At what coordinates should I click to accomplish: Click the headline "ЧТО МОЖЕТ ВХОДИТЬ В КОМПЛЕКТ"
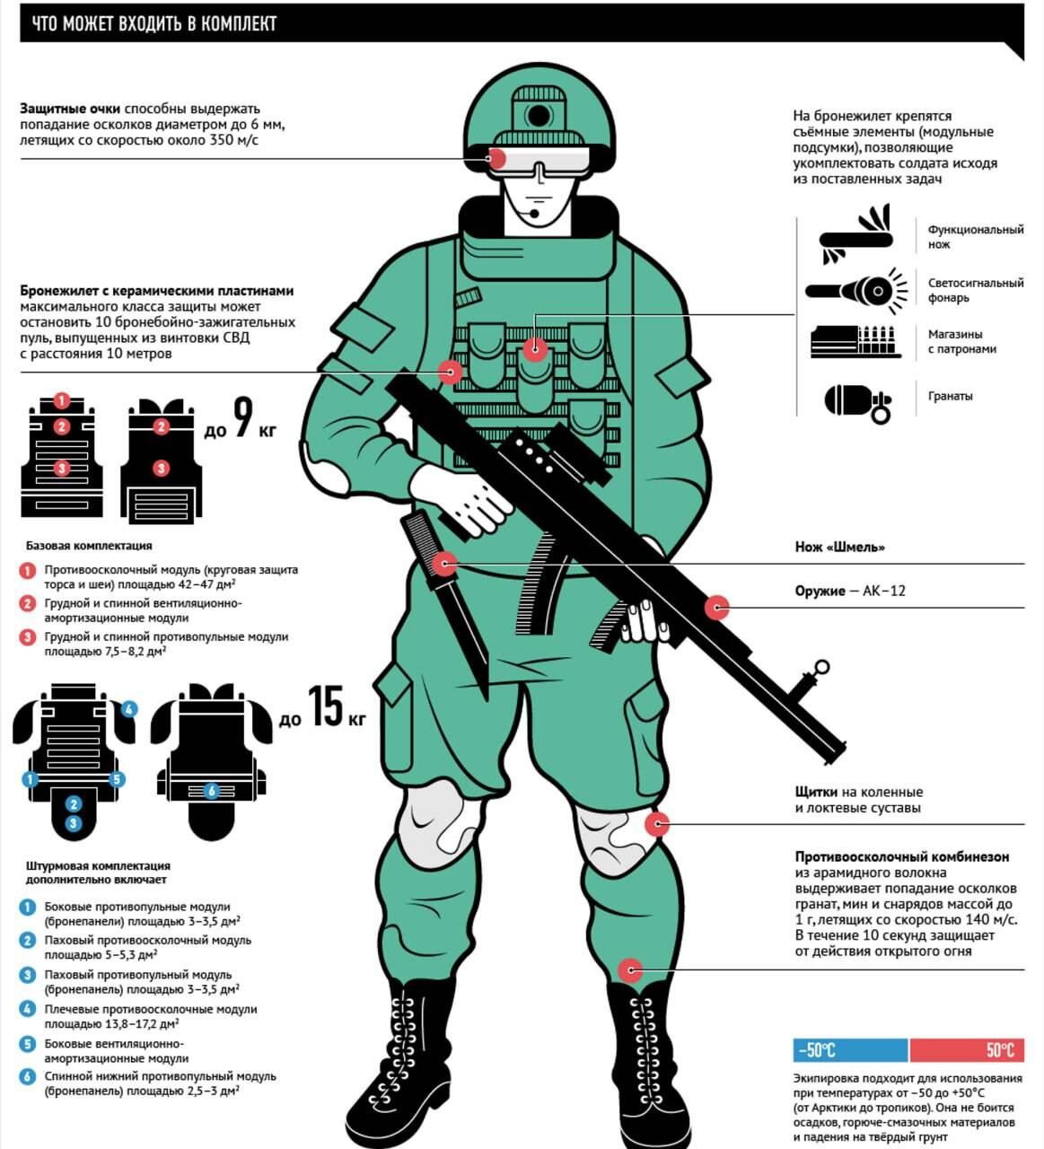point(154,23)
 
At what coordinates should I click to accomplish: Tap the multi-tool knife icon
point(856,235)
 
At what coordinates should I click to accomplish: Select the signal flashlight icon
point(856,291)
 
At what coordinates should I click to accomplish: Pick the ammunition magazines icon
point(855,342)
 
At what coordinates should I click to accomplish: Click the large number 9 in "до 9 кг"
point(243,417)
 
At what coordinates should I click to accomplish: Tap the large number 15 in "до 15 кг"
point(326,706)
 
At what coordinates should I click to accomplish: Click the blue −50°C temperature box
point(850,1050)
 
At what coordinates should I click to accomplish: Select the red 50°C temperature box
point(967,1050)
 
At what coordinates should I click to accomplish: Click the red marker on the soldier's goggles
point(496,158)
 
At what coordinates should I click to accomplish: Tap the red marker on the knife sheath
point(444,565)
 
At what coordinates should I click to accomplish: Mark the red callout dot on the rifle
point(717,608)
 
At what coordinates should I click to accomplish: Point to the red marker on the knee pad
point(657,824)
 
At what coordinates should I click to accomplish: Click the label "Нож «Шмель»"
point(839,547)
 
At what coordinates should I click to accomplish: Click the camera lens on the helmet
point(538,115)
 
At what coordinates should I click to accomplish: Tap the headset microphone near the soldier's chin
point(535,214)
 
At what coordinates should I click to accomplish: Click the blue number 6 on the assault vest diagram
point(212,791)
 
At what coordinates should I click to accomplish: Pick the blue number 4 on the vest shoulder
point(129,709)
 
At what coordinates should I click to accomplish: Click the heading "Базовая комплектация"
point(89,545)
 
